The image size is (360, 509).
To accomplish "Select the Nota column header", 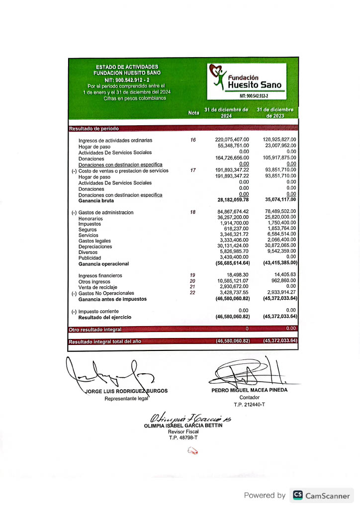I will (193, 113).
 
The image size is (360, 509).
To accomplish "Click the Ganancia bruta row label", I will (96, 201).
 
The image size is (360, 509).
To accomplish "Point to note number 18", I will (193, 212).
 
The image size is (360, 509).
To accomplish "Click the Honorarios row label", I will (90, 218).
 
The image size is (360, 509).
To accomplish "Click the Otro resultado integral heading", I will (94, 329).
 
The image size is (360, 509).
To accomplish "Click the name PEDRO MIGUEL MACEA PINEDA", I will (249, 390).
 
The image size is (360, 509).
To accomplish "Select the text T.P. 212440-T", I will (249, 405).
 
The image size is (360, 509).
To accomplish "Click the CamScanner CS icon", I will (298, 495).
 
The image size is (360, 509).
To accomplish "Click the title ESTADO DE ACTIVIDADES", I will (127, 67).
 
